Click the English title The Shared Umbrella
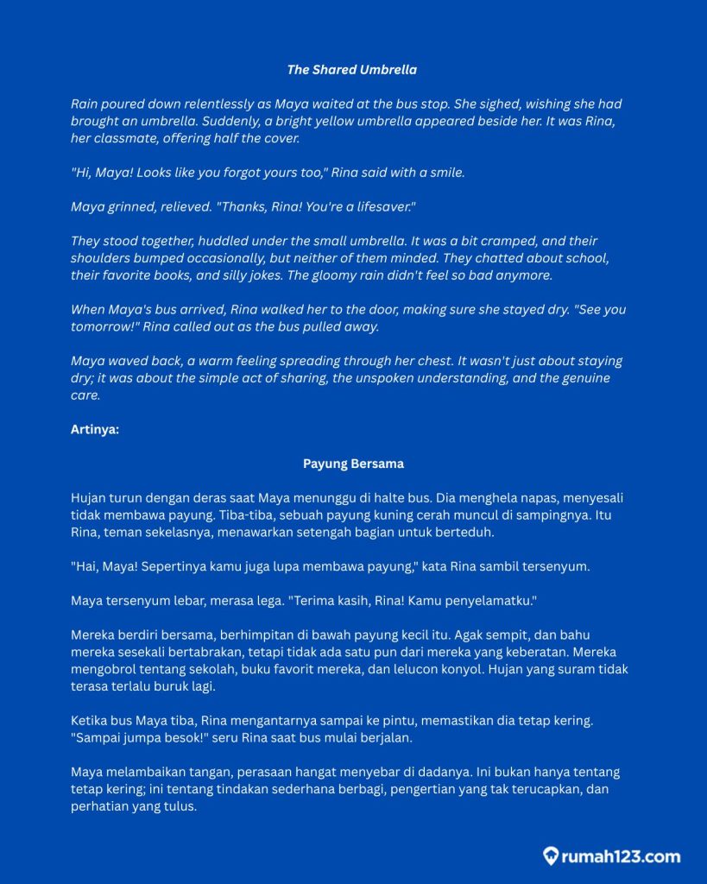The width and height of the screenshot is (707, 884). point(352,69)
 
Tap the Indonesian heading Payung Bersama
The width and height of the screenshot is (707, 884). point(353,464)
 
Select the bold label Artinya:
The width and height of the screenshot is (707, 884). point(95,429)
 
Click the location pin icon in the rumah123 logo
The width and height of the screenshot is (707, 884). point(550,856)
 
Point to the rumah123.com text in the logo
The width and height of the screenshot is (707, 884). point(621,857)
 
